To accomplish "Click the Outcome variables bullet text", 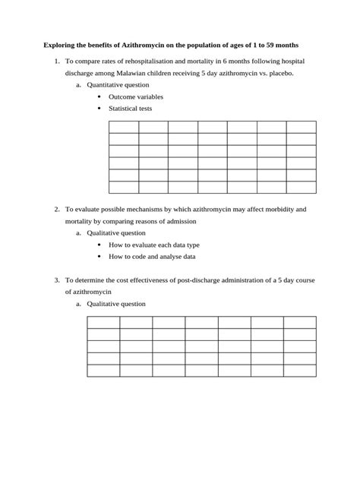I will coord(135,97).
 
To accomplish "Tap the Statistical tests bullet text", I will coord(130,109).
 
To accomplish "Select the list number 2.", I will coord(57,208).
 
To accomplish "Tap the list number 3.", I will coord(57,279).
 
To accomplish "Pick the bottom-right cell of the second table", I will coord(299,371).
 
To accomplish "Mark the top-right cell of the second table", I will coord(299,323).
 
